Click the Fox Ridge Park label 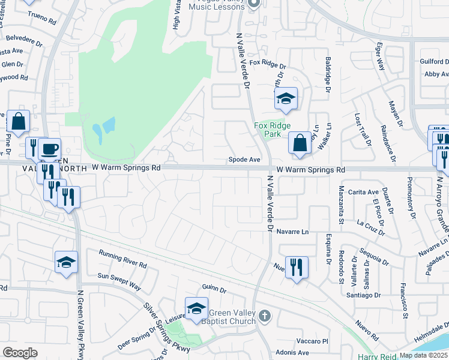point(273,130)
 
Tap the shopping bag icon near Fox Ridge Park point(300,143)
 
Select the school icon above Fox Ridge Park point(286,100)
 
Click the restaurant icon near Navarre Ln point(296,267)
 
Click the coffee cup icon point(49,148)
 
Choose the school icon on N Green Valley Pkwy point(66,262)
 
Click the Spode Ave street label point(244,160)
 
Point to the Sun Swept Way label point(119,281)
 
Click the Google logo point(20,353)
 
